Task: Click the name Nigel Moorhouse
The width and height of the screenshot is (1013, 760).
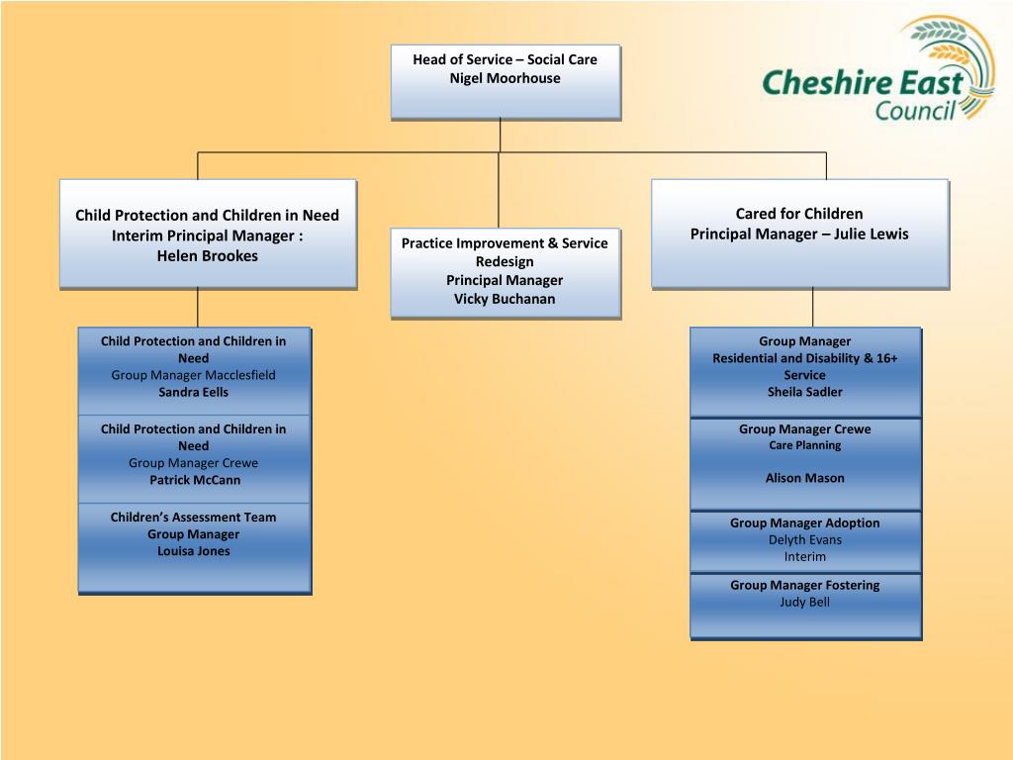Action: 505,78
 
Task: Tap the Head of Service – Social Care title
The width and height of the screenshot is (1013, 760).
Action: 505,59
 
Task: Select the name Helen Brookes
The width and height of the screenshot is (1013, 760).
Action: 208,255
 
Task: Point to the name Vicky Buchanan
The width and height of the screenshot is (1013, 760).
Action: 505,299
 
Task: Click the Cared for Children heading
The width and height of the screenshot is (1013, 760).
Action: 798,214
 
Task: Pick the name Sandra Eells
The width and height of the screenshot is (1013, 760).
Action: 194,392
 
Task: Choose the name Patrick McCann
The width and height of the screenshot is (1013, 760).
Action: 195,480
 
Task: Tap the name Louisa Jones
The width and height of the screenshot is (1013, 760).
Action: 194,551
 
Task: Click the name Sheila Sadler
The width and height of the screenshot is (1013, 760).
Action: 804,392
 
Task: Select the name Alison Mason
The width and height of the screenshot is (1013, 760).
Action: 804,478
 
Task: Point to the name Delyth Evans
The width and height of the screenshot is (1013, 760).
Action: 804,539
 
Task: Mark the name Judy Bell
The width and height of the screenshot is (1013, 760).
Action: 804,602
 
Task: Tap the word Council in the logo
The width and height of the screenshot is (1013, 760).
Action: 915,107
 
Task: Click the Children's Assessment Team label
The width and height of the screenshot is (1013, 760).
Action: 194,517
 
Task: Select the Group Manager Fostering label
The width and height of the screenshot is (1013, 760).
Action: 804,585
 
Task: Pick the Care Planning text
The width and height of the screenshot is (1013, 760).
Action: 804,445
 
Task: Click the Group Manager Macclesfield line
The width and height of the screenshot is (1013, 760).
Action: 194,375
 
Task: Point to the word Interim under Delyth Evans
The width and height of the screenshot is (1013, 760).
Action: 804,556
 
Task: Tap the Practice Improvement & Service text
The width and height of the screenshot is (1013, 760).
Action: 505,243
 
